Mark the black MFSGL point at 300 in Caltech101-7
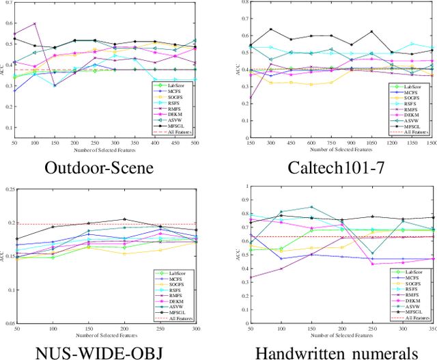[271, 29]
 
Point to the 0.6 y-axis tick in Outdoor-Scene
[9, 23]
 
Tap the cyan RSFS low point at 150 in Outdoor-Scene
[55, 85]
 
